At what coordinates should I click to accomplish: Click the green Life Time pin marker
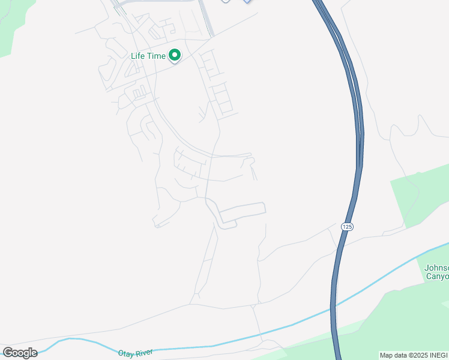(175, 56)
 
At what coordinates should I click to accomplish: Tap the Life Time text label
(148, 56)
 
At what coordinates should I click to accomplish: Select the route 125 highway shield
(346, 226)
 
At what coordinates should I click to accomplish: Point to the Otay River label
(136, 353)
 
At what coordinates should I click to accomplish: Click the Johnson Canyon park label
(436, 272)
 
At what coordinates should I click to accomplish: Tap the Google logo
(20, 353)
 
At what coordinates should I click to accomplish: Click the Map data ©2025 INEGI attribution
(414, 355)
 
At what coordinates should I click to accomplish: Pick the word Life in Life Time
(138, 56)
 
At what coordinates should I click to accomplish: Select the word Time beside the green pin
(156, 56)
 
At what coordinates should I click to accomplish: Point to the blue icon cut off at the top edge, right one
(247, 2)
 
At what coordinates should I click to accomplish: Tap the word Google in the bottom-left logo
(20, 353)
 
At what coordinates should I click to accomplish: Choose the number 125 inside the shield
(346, 226)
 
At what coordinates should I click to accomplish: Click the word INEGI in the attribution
(439, 355)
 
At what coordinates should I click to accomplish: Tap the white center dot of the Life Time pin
(175, 55)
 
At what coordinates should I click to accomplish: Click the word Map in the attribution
(386, 355)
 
